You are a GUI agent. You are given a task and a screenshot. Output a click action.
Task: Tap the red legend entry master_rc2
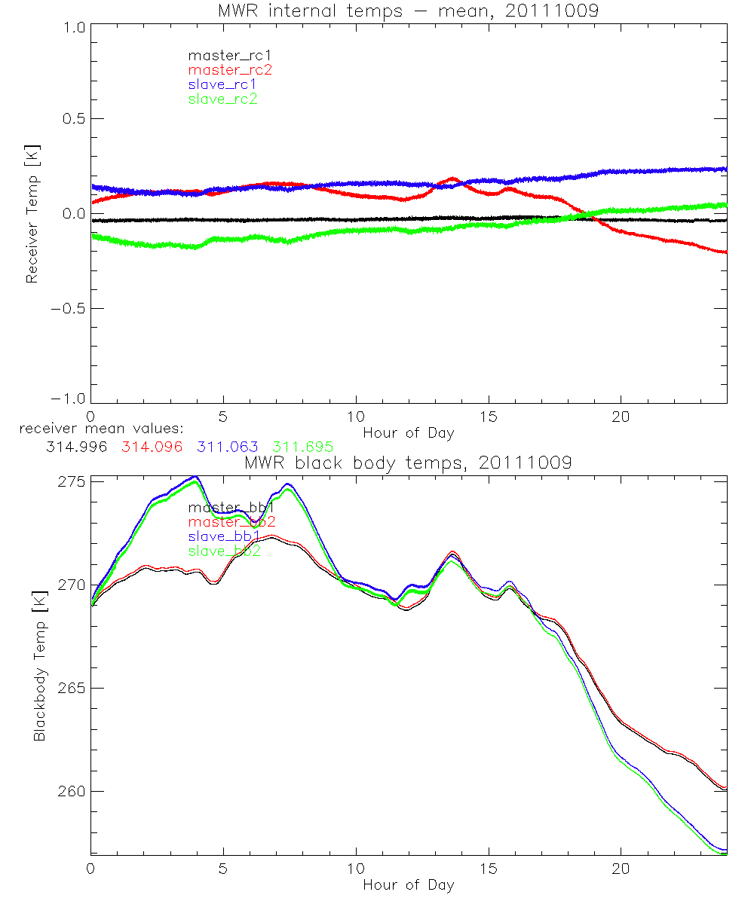point(230,70)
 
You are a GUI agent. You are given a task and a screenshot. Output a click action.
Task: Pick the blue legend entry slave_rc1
point(222,84)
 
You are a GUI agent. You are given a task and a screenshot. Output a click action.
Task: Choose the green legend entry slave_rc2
point(222,99)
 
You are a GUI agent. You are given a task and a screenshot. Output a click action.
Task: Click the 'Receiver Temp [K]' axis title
point(32,214)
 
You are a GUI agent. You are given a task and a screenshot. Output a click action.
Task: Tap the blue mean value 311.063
point(228,447)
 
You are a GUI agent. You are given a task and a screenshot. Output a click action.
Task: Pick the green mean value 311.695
point(302,447)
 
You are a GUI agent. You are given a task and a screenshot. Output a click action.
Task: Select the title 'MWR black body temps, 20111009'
point(408,463)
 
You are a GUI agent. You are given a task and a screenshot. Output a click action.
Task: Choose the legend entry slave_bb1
point(225,536)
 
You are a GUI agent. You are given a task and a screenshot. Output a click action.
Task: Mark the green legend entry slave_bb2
point(225,551)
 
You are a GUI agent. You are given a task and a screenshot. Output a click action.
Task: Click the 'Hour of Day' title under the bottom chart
point(408,885)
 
